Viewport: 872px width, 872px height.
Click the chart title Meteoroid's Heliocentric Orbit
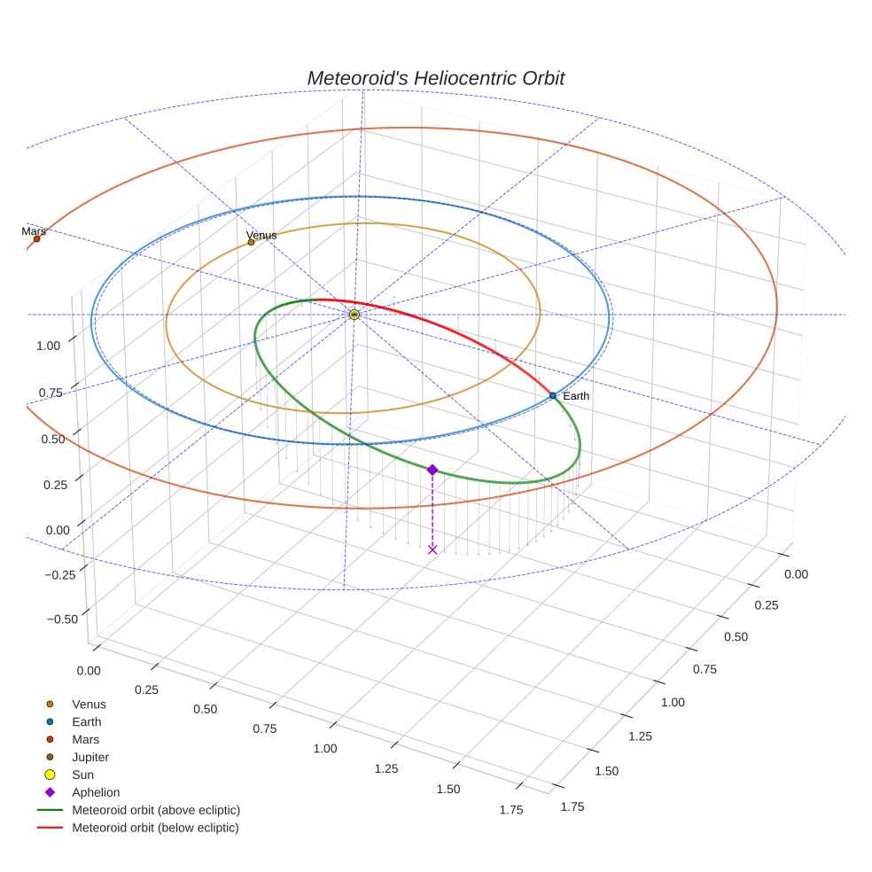tap(435, 78)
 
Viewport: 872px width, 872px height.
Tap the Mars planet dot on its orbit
tap(36, 238)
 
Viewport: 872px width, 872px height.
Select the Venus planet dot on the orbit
tap(251, 242)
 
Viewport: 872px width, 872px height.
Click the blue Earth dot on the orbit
tap(552, 395)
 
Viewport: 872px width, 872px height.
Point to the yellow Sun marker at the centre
tap(354, 315)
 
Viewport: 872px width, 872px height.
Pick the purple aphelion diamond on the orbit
tap(432, 470)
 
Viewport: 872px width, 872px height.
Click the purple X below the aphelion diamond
tap(432, 549)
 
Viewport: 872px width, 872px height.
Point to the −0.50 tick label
tap(60, 619)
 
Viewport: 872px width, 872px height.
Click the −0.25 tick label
tap(60, 573)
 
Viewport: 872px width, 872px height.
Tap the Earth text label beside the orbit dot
tap(576, 396)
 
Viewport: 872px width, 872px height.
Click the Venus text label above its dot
tap(261, 235)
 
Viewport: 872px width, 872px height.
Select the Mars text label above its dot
tap(34, 230)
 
